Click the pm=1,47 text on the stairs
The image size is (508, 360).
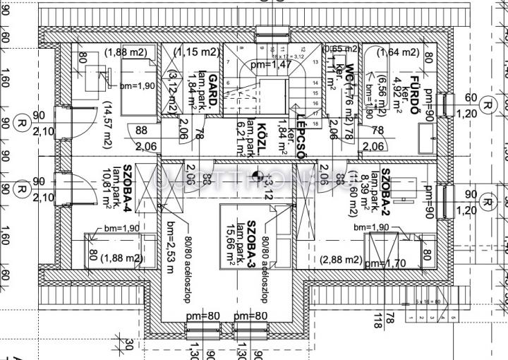pyautogui.click(x=270, y=65)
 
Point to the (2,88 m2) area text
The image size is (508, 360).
pyautogui.click(x=341, y=260)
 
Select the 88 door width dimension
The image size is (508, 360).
pyautogui.click(x=141, y=130)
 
